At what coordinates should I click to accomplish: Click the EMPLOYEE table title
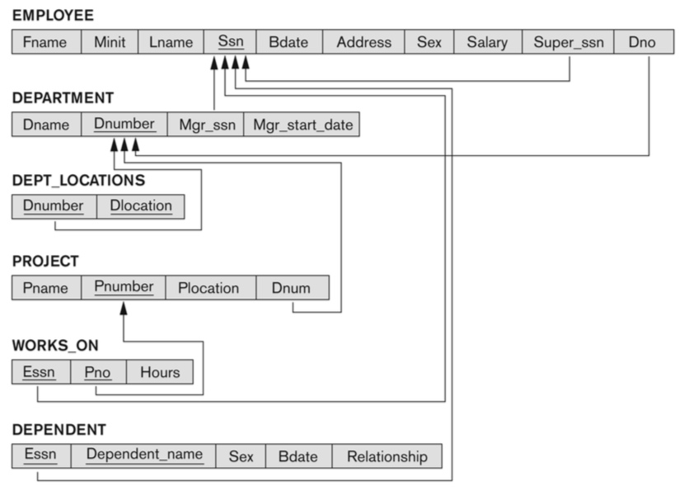click(x=53, y=15)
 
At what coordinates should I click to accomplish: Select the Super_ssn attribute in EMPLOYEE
click(x=568, y=42)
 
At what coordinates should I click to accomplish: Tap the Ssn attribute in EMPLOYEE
click(x=231, y=42)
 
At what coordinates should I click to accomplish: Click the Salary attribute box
click(x=487, y=42)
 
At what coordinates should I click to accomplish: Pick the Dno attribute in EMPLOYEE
click(x=642, y=42)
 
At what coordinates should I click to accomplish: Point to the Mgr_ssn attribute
click(x=205, y=125)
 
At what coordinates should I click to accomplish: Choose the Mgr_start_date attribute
click(x=302, y=125)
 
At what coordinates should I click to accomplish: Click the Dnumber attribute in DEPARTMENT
click(x=124, y=125)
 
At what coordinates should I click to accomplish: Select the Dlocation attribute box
click(x=140, y=206)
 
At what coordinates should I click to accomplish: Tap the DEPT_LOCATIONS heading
click(x=67, y=180)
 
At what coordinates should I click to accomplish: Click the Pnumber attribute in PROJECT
click(x=124, y=288)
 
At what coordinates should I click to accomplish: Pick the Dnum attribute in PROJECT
click(x=293, y=288)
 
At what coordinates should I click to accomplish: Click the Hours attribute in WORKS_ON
click(x=159, y=372)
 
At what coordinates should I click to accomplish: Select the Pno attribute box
click(x=98, y=372)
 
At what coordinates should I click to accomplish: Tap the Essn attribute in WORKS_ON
click(x=40, y=372)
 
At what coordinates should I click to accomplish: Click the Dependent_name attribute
click(x=143, y=455)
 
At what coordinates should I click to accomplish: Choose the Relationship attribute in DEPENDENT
click(x=387, y=456)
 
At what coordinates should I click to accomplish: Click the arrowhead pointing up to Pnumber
click(x=124, y=309)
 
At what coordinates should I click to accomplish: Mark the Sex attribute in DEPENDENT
click(x=241, y=456)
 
